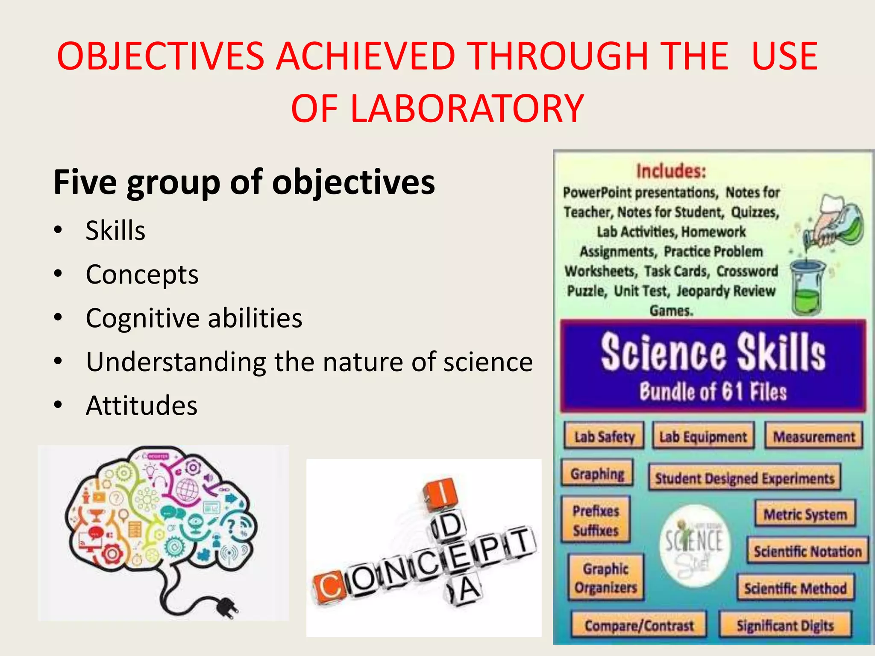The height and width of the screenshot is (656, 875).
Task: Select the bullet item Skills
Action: click(x=115, y=231)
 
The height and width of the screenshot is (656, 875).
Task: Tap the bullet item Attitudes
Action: click(x=141, y=405)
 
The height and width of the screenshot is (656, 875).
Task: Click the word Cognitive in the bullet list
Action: click(x=142, y=318)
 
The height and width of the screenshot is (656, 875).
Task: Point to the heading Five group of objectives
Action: click(x=244, y=182)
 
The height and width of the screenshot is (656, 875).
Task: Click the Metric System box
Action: click(x=805, y=514)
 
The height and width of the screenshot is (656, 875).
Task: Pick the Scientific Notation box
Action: click(x=807, y=551)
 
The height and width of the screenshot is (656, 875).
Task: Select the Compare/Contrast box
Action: click(x=639, y=625)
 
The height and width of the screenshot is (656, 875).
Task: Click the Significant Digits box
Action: click(x=785, y=625)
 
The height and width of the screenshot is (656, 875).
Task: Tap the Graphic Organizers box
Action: click(x=606, y=578)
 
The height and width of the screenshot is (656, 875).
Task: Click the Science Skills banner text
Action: click(x=713, y=352)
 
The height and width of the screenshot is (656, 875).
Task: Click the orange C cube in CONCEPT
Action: click(x=328, y=588)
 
